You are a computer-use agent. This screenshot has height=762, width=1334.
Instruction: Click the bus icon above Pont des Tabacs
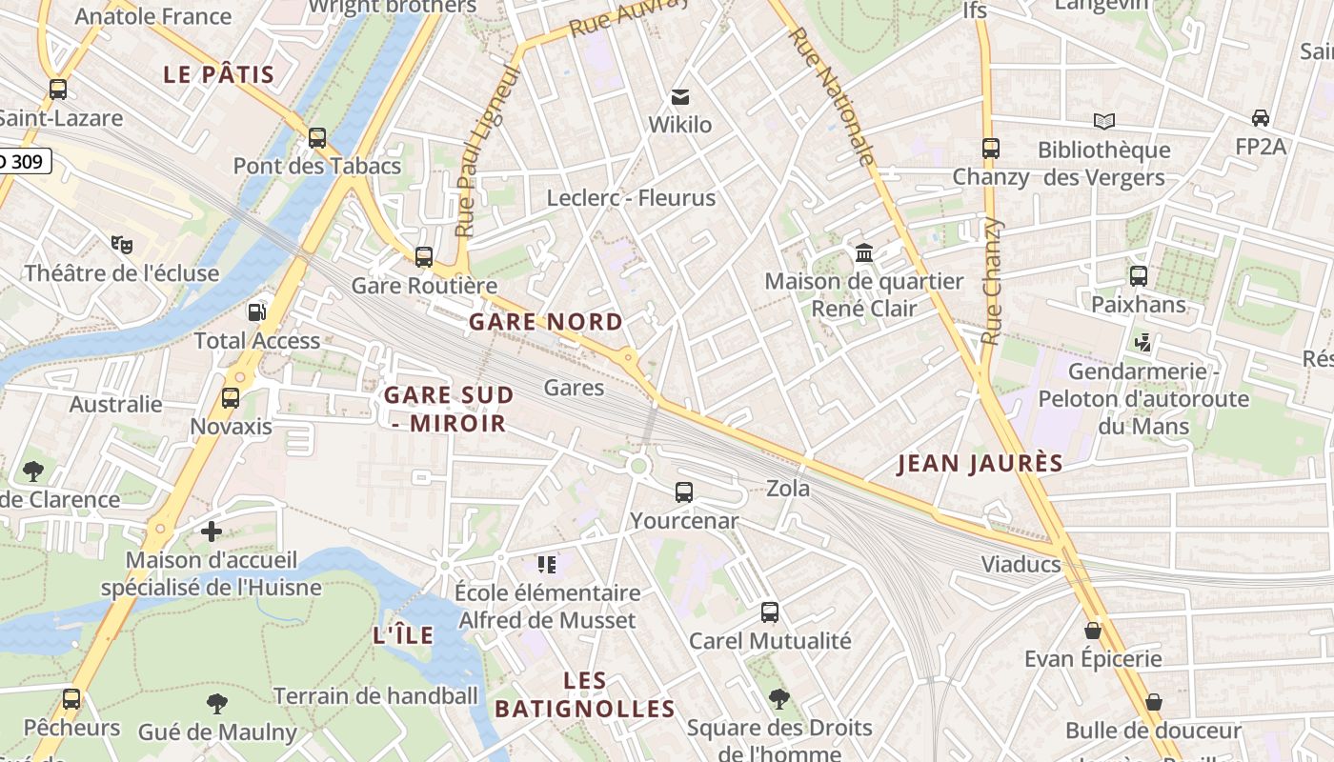pos(317,138)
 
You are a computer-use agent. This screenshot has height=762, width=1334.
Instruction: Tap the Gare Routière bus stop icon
pos(424,257)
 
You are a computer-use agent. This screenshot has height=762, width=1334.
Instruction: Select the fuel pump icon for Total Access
pos(256,311)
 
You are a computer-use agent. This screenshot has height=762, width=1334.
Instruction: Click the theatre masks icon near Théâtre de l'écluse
pos(121,245)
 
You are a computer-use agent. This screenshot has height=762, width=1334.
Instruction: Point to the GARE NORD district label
pos(545,322)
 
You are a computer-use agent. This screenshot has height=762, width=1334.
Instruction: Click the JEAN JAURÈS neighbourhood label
pos(980,464)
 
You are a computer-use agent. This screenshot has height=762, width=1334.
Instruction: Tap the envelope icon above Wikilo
pos(679,96)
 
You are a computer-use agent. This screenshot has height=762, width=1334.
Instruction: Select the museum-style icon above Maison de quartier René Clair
pos(864,252)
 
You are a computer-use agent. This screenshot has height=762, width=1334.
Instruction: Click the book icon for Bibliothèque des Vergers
pos(1103,121)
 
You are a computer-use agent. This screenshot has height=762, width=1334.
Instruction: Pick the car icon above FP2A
pos(1260,118)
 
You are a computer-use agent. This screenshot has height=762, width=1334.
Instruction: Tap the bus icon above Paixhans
pos(1138,276)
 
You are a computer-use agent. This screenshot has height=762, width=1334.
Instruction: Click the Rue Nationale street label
pos(832,97)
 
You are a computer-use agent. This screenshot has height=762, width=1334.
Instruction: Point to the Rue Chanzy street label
pos(992,281)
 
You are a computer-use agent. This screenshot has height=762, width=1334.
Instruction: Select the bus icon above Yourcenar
pos(683,492)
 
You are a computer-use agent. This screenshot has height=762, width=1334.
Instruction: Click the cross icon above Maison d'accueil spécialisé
pos(212,531)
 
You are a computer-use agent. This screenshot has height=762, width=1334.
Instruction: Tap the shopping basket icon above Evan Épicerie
pos(1092,631)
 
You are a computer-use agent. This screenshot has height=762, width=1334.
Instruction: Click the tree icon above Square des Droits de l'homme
pos(778,699)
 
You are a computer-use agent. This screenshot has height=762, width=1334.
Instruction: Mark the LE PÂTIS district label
pos(218,74)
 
